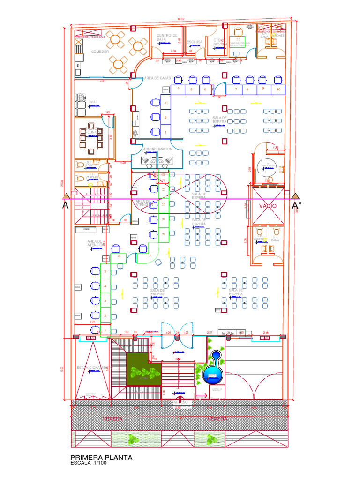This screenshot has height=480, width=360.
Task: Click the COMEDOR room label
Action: [x=100, y=52]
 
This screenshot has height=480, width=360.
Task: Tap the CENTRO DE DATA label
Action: [x=167, y=37]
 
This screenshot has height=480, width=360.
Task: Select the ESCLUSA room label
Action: [x=195, y=42]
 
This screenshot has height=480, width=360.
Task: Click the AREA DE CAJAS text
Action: [x=157, y=78]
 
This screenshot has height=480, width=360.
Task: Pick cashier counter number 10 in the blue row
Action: [x=278, y=89]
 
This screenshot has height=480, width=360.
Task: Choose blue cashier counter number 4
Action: [x=178, y=88]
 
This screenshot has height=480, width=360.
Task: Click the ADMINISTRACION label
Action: [x=158, y=149]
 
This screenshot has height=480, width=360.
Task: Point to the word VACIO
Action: [x=268, y=206]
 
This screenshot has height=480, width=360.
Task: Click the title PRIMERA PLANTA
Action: [x=101, y=457]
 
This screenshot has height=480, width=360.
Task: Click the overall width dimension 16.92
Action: [x=180, y=19]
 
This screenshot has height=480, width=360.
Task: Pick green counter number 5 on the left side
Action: [x=105, y=272]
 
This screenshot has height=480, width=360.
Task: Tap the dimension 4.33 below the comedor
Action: [x=103, y=81]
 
